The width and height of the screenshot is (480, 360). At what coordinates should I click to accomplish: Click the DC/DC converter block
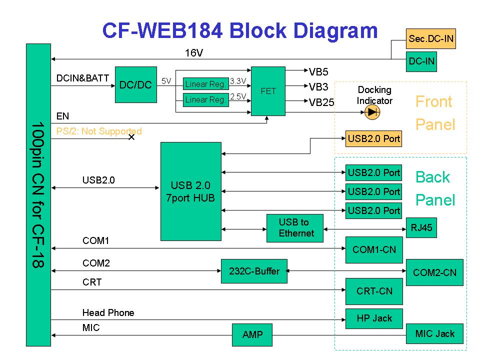pyautogui.click(x=135, y=85)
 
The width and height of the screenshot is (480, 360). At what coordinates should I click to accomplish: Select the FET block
pyautogui.click(x=268, y=91)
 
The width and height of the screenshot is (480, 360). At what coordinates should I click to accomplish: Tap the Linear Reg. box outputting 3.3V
pyautogui.click(x=206, y=84)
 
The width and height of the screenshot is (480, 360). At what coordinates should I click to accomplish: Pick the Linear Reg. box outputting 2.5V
pyautogui.click(x=206, y=100)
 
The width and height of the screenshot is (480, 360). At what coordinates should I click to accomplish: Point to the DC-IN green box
pyautogui.click(x=421, y=62)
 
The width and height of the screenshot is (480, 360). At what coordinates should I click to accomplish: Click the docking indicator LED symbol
pyautogui.click(x=371, y=112)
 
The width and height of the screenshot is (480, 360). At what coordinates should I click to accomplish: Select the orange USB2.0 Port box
pyautogui.click(x=374, y=139)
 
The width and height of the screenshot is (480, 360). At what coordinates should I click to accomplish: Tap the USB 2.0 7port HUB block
pyautogui.click(x=190, y=191)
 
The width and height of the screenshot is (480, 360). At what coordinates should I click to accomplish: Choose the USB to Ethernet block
pyautogui.click(x=297, y=228)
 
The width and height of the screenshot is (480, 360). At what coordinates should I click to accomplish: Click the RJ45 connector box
pyautogui.click(x=421, y=228)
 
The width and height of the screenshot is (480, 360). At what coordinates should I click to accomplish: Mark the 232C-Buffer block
pyautogui.click(x=254, y=271)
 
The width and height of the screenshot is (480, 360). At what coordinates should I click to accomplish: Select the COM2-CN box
pyautogui.click(x=434, y=272)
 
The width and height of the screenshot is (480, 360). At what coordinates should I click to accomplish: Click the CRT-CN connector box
pyautogui.click(x=374, y=291)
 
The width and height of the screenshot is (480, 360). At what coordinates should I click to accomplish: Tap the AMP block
pyautogui.click(x=252, y=335)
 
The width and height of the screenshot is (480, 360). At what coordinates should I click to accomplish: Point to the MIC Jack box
pyautogui.click(x=434, y=333)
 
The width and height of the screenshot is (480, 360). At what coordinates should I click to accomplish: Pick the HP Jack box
pyautogui.click(x=374, y=318)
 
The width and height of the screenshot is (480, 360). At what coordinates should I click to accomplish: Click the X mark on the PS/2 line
pyautogui.click(x=131, y=137)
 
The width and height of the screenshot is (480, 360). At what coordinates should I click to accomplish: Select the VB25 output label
pyautogui.click(x=321, y=102)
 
